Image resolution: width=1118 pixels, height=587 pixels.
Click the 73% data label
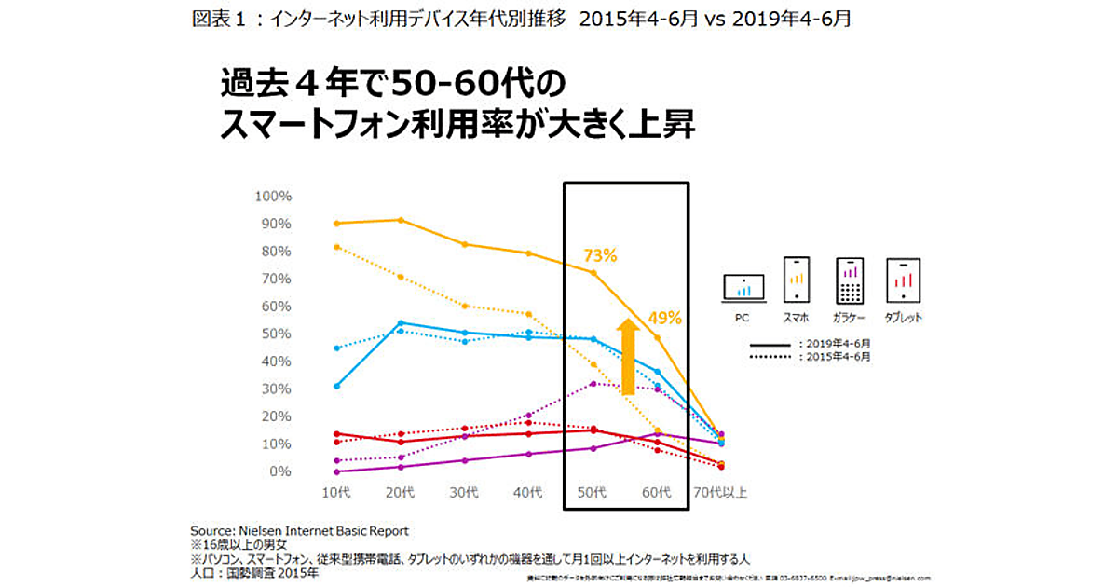pyautogui.click(x=600, y=255)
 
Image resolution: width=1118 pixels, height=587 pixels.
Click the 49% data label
pyautogui.click(x=665, y=318)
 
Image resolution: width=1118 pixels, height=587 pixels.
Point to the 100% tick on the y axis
pyautogui.click(x=273, y=197)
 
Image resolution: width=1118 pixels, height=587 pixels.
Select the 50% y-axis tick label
pyautogui.click(x=276, y=334)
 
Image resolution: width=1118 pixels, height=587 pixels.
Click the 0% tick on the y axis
pyautogui.click(x=279, y=471)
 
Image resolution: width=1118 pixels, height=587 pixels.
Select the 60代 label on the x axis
pyautogui.click(x=659, y=491)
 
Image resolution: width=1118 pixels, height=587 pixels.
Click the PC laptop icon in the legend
pyautogui.click(x=743, y=288)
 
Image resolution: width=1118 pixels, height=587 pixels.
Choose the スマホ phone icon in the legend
pyautogui.click(x=796, y=279)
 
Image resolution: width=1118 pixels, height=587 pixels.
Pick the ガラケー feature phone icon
pyautogui.click(x=850, y=279)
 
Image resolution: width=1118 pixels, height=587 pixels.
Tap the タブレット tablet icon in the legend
pyautogui.click(x=903, y=279)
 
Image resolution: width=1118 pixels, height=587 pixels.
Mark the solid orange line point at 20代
pyautogui.click(x=401, y=220)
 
